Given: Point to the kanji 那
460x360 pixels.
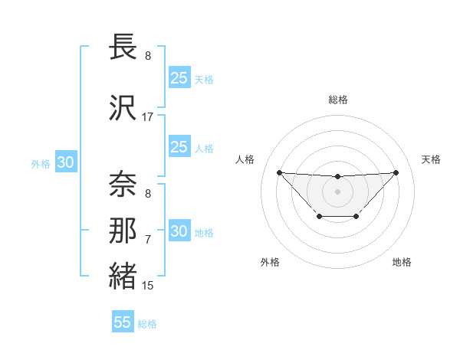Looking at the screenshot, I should (x=123, y=231).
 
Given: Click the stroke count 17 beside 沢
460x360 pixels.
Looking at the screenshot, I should (x=148, y=117).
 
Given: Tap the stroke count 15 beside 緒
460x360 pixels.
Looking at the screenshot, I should (x=148, y=286).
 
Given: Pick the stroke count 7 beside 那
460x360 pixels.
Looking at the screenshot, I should (x=148, y=240).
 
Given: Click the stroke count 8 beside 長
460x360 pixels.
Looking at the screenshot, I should (x=148, y=56).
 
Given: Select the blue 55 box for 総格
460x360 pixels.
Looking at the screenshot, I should (x=123, y=322).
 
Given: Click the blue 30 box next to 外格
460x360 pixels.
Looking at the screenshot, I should (x=65, y=163).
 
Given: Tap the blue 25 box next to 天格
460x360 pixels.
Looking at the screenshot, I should (x=179, y=77).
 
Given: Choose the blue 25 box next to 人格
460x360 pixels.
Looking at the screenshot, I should (x=179, y=147).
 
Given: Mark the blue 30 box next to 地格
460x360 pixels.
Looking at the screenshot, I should (x=179, y=231).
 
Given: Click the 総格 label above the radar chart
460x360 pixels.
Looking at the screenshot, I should (x=337, y=100).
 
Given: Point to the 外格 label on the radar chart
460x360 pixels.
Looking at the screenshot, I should (x=270, y=262).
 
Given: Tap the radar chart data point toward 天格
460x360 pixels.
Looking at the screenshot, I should (x=396, y=172).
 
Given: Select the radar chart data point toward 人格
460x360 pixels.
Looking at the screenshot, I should (x=279, y=172).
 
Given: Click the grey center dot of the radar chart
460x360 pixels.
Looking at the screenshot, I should (x=337, y=191).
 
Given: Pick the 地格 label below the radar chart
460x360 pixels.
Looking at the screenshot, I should (x=402, y=262).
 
